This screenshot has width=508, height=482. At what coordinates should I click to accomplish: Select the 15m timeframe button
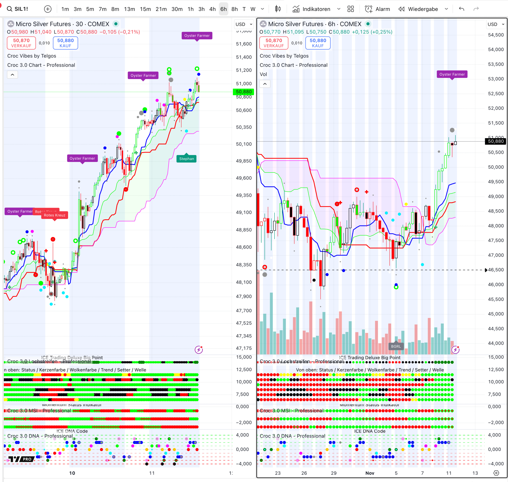coord(145,9)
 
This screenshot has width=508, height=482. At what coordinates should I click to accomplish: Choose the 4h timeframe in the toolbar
coord(212,9)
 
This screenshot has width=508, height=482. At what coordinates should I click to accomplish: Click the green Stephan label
coord(186,159)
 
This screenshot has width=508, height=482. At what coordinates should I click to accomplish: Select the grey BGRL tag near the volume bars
coord(396,346)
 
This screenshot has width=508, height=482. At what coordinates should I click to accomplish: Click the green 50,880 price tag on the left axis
coord(243,92)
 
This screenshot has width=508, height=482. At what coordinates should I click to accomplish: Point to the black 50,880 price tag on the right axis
coord(495,141)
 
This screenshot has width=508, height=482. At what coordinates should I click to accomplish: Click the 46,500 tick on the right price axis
coord(496,270)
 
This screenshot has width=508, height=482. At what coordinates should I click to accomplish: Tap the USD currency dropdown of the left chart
coord(244,24)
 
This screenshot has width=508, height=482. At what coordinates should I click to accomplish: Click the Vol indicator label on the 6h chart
coord(263,74)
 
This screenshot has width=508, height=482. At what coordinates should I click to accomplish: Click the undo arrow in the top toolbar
coord(461,9)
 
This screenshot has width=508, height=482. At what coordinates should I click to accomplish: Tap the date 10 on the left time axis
coord(72,473)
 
